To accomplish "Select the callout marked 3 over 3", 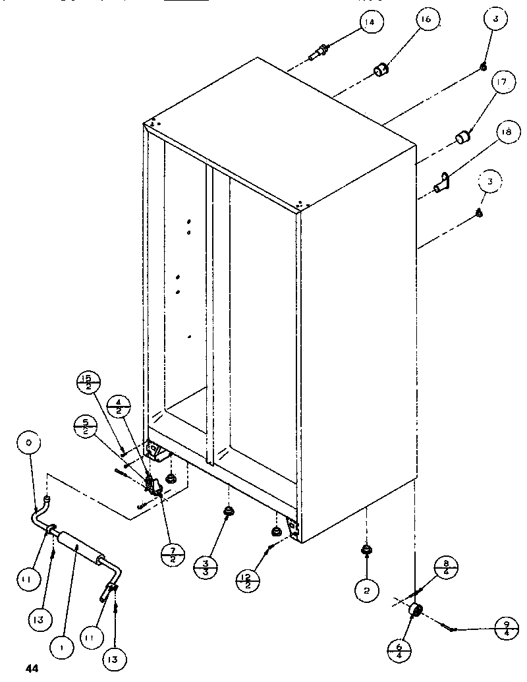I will [x=206, y=567].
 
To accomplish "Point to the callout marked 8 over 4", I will [x=447, y=568].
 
